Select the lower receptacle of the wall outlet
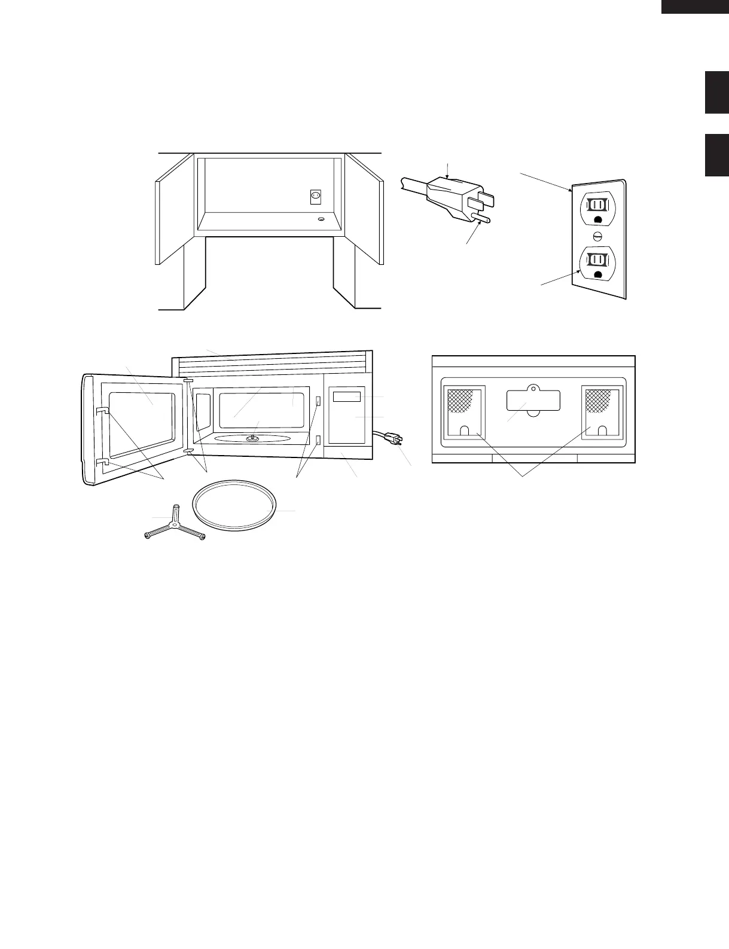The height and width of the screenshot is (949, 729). tap(596, 261)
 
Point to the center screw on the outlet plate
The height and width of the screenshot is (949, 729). tap(597, 234)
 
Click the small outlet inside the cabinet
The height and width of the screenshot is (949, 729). tap(316, 196)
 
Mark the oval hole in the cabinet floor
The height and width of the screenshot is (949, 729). tap(321, 219)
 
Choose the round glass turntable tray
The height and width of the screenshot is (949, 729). tap(235, 503)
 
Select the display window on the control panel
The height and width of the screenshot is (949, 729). tap(347, 396)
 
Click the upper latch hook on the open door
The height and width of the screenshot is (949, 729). tap(101, 410)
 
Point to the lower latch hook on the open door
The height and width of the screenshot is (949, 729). tap(101, 462)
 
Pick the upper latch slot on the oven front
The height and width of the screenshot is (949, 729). tap(318, 401)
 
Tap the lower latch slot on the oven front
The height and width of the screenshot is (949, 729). tap(318, 441)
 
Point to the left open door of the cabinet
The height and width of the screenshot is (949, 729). tap(174, 209)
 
